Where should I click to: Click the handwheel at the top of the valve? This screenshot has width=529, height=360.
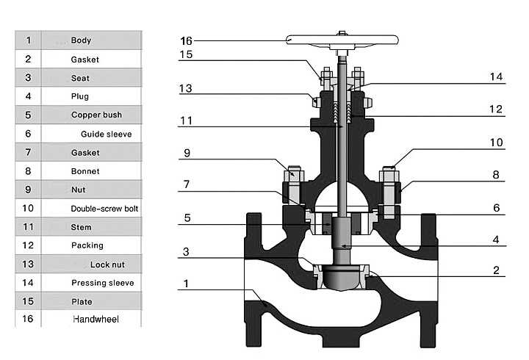343,40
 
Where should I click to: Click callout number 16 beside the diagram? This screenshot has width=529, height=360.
187,40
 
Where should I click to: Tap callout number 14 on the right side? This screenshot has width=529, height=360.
496,76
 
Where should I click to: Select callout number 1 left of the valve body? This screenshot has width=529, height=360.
187,283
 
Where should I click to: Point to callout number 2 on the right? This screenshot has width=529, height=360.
496,270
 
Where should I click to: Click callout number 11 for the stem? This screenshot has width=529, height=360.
187,120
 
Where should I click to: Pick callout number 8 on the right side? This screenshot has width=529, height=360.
496,175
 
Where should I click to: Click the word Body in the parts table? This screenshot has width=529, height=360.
81,40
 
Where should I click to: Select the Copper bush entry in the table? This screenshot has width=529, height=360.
96,115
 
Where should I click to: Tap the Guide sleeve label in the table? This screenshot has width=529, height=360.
106,134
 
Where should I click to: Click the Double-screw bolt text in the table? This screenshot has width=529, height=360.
104,209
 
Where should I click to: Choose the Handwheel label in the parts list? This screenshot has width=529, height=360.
96,320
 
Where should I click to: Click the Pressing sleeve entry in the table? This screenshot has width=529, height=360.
102,283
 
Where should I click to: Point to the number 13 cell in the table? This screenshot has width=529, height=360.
28,264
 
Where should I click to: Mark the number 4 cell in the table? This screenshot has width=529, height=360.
28,96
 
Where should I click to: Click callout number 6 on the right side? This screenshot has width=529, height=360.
496,208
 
